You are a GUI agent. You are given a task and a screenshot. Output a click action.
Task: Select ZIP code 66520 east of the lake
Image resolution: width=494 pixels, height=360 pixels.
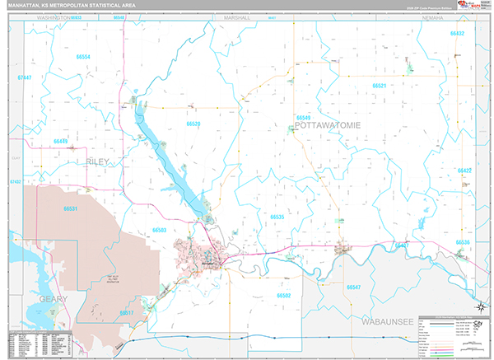point(193,124)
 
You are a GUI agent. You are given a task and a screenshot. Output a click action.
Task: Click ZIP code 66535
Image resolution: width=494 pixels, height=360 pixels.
point(277,217)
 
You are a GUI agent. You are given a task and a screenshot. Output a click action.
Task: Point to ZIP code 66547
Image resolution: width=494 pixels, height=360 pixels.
point(354,287)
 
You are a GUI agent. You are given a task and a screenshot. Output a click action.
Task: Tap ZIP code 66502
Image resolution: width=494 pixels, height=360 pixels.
point(284,294)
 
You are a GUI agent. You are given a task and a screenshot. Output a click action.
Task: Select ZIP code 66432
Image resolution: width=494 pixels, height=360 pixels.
point(458,33)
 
